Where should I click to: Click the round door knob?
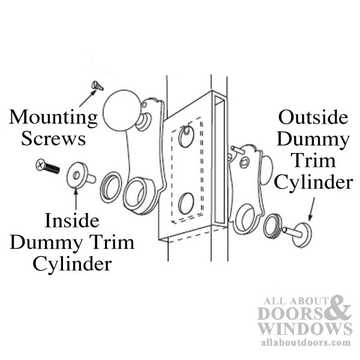(121, 111)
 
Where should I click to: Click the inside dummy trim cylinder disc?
(78, 174)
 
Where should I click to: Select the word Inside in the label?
(72, 221)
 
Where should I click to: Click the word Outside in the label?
(313, 117)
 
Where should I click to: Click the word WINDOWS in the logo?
(304, 328)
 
